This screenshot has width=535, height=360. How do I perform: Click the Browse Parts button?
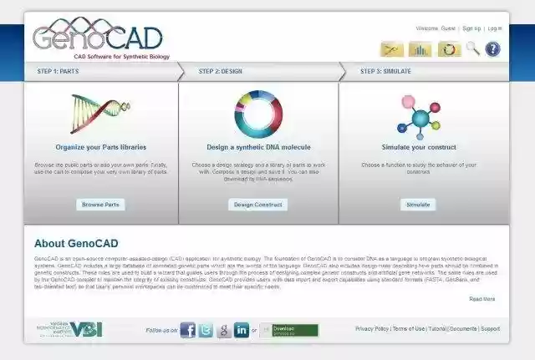(101, 204)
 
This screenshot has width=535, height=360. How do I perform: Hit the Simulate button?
(418, 204)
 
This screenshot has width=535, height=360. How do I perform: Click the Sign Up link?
(471, 28)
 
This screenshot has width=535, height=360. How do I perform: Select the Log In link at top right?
(495, 28)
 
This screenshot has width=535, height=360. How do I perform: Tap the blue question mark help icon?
(493, 49)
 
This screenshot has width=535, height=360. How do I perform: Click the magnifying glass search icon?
(472, 49)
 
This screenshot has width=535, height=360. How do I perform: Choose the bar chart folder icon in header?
(420, 49)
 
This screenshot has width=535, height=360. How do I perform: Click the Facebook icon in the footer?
(188, 330)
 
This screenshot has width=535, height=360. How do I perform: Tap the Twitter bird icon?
(206, 330)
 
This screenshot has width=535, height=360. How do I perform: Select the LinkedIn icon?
(242, 330)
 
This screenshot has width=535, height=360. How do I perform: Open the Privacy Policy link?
(372, 329)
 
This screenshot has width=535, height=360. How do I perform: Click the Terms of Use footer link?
(409, 329)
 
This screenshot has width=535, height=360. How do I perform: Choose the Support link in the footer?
(490, 329)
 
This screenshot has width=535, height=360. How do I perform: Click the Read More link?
(481, 299)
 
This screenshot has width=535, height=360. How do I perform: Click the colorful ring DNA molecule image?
(258, 114)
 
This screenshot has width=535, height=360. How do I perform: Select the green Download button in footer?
(289, 330)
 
